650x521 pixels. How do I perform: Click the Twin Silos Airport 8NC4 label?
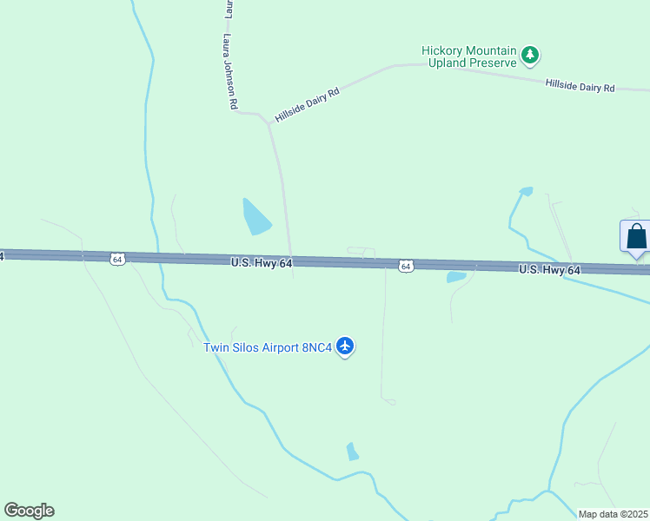point(268,347)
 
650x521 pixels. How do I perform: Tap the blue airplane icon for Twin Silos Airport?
point(346,346)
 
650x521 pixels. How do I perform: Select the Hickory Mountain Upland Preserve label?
point(468,56)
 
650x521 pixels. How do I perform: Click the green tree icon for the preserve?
point(529,56)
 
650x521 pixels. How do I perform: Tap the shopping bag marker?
point(636,236)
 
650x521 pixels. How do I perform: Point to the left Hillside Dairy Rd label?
point(307,104)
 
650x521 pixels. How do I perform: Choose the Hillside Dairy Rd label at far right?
point(580,86)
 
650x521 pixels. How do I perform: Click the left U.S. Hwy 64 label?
point(261,262)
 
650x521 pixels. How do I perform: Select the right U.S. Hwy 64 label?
point(549,270)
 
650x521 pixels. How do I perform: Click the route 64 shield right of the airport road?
point(406,266)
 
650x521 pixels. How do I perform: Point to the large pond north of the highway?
point(256,218)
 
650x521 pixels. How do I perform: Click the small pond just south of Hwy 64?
point(456,277)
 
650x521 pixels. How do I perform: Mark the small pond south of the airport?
point(352,452)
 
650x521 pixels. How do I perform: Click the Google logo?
point(29,511)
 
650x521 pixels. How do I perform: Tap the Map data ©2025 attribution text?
point(613,514)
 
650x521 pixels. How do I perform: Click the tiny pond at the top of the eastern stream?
point(526,190)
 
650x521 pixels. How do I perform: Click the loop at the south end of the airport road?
point(389,401)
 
